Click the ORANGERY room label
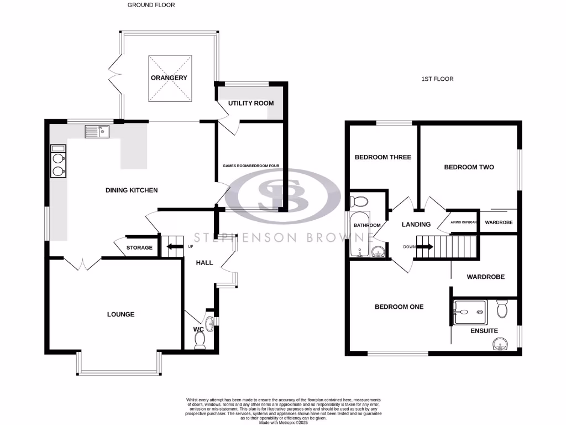[x=169, y=78]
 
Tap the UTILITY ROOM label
[x=251, y=103]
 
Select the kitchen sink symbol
[x=97, y=131]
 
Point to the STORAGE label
[x=139, y=247]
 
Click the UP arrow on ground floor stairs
[x=175, y=247]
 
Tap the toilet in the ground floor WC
[x=200, y=339]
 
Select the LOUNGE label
[x=120, y=314]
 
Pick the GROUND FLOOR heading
[x=151, y=5]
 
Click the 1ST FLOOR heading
[x=437, y=79]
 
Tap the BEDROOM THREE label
[x=382, y=157]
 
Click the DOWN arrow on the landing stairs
[x=424, y=247]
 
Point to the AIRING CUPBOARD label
[x=463, y=222]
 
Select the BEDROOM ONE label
[x=399, y=307]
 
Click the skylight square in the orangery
[x=169, y=78]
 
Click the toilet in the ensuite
[x=502, y=308]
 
